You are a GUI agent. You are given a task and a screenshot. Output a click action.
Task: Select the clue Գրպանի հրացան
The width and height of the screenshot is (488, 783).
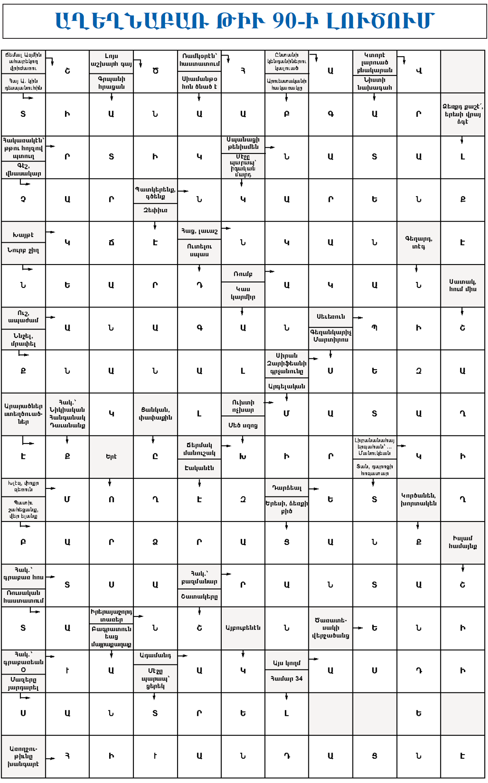[x=111, y=83]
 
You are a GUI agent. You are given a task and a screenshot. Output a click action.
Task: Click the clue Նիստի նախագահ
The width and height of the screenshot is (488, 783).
[x=375, y=84]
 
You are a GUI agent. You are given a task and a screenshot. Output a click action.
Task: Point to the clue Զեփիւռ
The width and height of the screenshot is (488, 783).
[x=155, y=211]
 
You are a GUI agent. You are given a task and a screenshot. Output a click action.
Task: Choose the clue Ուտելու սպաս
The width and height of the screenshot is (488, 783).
[x=199, y=250]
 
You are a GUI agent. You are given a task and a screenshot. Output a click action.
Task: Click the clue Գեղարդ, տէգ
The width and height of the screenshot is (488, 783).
[x=418, y=243]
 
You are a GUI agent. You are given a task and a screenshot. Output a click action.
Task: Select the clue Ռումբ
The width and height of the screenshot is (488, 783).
[x=243, y=274]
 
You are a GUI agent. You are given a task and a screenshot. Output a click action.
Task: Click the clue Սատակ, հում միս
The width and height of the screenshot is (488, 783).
[x=463, y=285]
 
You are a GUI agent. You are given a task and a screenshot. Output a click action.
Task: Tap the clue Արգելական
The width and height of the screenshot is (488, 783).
[x=287, y=386]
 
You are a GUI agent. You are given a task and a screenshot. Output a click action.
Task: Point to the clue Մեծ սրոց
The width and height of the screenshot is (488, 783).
[x=243, y=425]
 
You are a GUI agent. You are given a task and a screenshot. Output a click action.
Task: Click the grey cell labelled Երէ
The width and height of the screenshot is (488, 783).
[x=111, y=457]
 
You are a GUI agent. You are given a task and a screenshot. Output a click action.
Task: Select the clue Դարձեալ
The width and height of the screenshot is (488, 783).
[x=287, y=488]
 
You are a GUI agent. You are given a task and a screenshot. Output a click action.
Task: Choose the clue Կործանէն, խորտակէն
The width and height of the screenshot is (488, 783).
[x=418, y=499]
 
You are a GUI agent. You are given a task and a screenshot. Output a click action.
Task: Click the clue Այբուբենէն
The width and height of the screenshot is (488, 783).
[x=243, y=628]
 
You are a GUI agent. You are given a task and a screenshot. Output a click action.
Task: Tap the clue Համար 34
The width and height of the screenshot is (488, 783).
[x=287, y=679]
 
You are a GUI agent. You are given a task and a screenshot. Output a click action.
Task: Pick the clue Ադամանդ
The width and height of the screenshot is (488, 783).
[x=155, y=656]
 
